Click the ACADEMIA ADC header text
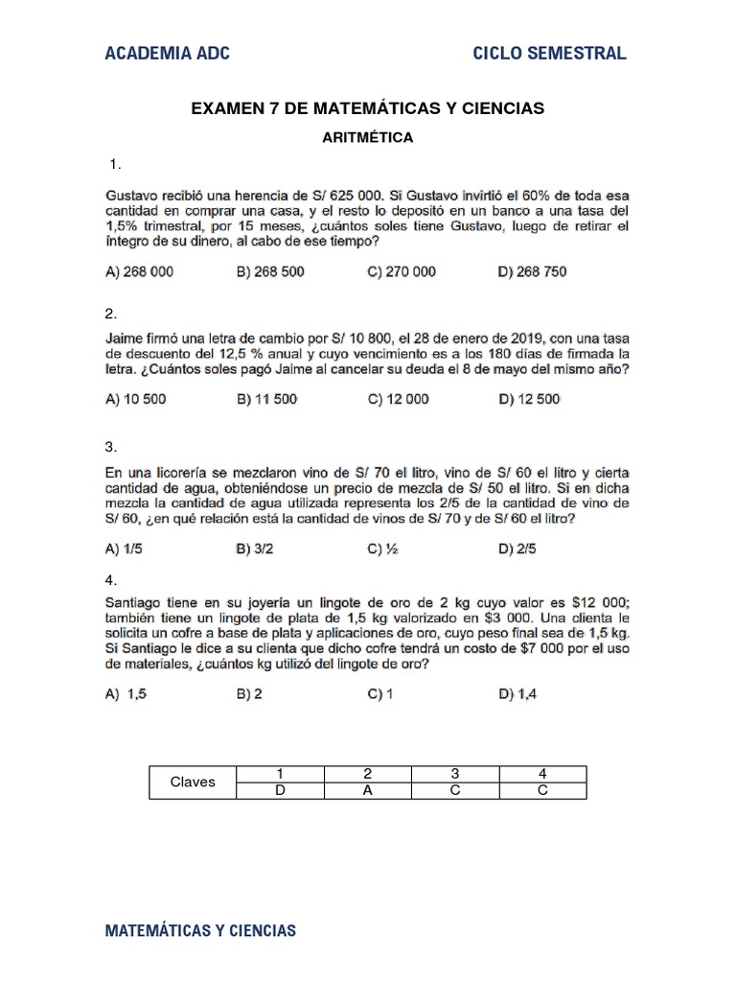point(167,53)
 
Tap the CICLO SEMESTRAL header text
point(550,53)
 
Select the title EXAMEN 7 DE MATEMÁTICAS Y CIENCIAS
point(368,109)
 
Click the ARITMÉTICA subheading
point(368,137)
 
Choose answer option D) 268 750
point(532,271)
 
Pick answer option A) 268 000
point(139,271)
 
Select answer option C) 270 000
point(401,271)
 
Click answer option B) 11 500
point(266,399)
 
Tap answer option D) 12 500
point(529,399)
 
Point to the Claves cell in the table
point(193,782)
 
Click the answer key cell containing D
point(279,790)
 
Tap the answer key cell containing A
point(368,790)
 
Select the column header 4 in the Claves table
point(541,773)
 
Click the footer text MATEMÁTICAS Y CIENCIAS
point(200,930)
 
